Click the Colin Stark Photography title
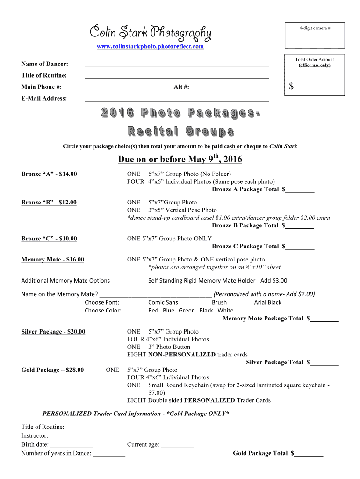click(150, 33)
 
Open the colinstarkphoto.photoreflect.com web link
click(150, 46)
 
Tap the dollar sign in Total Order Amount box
click(291, 86)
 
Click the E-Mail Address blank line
click(176, 99)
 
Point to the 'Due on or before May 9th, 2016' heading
click(180, 160)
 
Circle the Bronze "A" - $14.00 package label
click(49, 174)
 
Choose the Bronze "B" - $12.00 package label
click(49, 203)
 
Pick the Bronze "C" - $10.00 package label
click(49, 239)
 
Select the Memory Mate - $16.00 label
click(53, 260)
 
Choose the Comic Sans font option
click(163, 303)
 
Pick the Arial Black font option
click(267, 303)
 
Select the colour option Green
click(187, 311)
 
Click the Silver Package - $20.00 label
click(53, 332)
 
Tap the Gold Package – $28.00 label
click(53, 370)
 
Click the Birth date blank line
click(71, 445)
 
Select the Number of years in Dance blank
click(109, 453)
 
